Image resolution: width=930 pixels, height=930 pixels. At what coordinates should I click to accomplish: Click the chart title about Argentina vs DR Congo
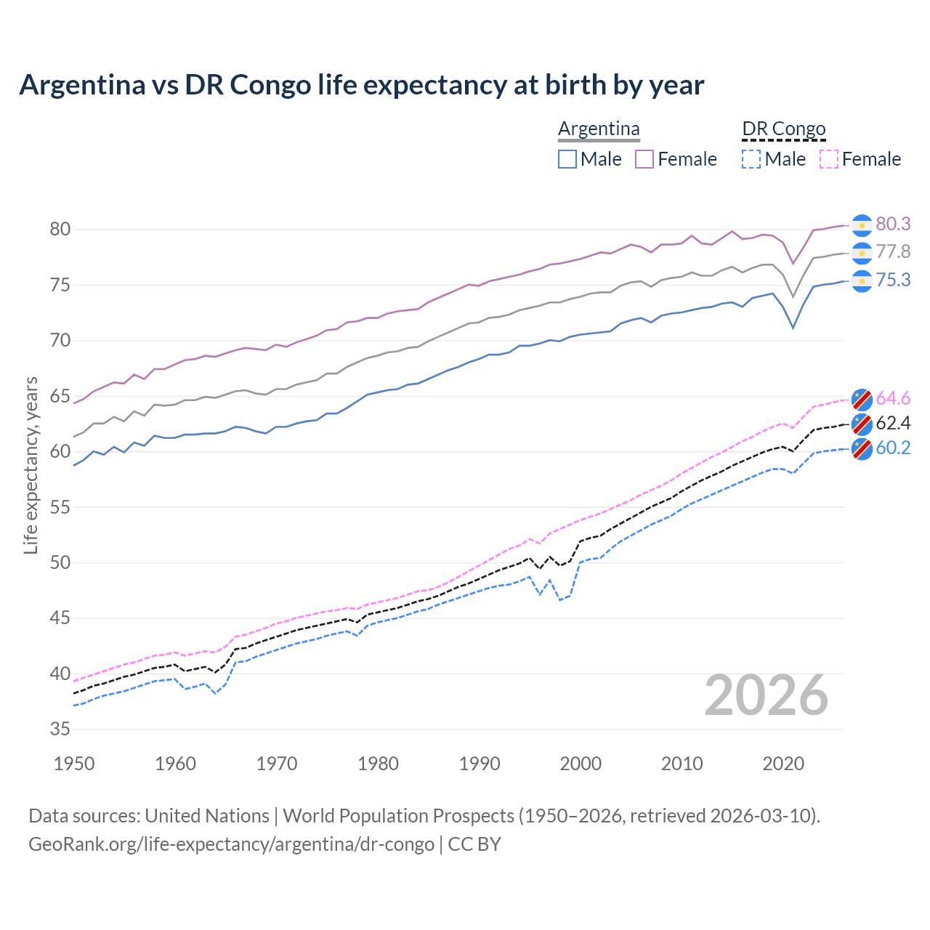(361, 85)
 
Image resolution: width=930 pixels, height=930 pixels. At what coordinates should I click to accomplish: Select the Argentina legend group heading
(599, 129)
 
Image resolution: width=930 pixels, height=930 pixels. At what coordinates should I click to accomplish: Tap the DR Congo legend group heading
(783, 129)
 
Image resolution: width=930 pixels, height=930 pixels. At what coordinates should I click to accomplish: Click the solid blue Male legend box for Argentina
(567, 159)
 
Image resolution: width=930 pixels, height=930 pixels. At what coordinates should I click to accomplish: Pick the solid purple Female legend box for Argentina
(644, 159)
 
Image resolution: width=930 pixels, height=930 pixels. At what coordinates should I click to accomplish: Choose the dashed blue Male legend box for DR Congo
(751, 159)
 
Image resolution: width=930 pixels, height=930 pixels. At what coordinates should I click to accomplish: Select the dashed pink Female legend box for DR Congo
(829, 159)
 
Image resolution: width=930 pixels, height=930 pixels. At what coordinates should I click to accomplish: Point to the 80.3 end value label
(893, 225)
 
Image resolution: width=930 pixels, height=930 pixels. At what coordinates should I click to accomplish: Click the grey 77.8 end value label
(893, 252)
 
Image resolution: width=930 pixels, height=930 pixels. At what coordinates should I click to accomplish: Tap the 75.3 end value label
(893, 280)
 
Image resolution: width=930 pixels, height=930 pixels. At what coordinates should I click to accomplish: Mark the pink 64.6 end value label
(893, 398)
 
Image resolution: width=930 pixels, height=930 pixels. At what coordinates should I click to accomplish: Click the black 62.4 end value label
(893, 423)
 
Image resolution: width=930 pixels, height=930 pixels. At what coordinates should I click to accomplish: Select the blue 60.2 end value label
(893, 448)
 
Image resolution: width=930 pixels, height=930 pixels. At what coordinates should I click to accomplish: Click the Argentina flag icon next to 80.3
(862, 225)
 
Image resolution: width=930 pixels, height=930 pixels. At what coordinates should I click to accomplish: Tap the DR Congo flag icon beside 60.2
(862, 449)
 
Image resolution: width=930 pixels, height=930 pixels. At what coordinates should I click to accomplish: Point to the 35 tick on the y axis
(60, 729)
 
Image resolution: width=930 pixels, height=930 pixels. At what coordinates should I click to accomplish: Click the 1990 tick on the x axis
(480, 764)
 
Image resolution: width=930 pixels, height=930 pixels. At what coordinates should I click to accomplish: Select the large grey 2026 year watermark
(767, 695)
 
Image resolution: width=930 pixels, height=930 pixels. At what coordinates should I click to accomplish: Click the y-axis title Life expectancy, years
(31, 465)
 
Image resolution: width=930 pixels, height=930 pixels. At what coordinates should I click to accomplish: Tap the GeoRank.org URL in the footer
(231, 844)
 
